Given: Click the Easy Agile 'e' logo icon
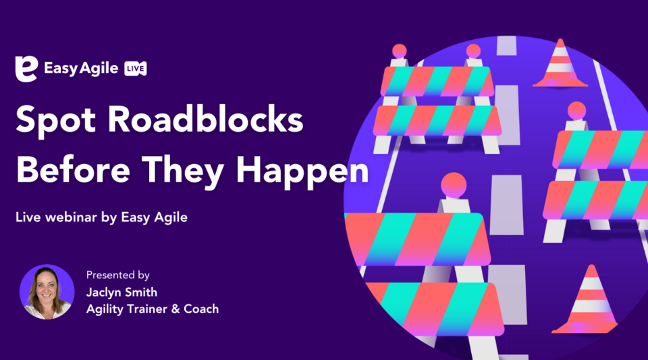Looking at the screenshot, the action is [x=26, y=69].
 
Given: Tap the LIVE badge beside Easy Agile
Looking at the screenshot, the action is [x=136, y=69].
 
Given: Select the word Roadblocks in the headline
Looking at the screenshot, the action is [x=205, y=120].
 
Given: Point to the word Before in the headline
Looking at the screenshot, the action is [x=73, y=170].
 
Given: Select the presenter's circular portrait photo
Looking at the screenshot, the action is [x=47, y=292].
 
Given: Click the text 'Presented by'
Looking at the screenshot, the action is [x=117, y=276].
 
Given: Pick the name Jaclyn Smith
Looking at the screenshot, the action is [x=122, y=292].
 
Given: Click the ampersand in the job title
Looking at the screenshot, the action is [x=175, y=309].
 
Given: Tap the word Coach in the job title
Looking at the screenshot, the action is [x=201, y=309].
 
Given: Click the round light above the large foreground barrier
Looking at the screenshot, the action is [x=454, y=185].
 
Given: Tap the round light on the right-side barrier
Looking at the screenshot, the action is [x=576, y=111].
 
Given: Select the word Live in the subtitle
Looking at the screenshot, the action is [x=28, y=217].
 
